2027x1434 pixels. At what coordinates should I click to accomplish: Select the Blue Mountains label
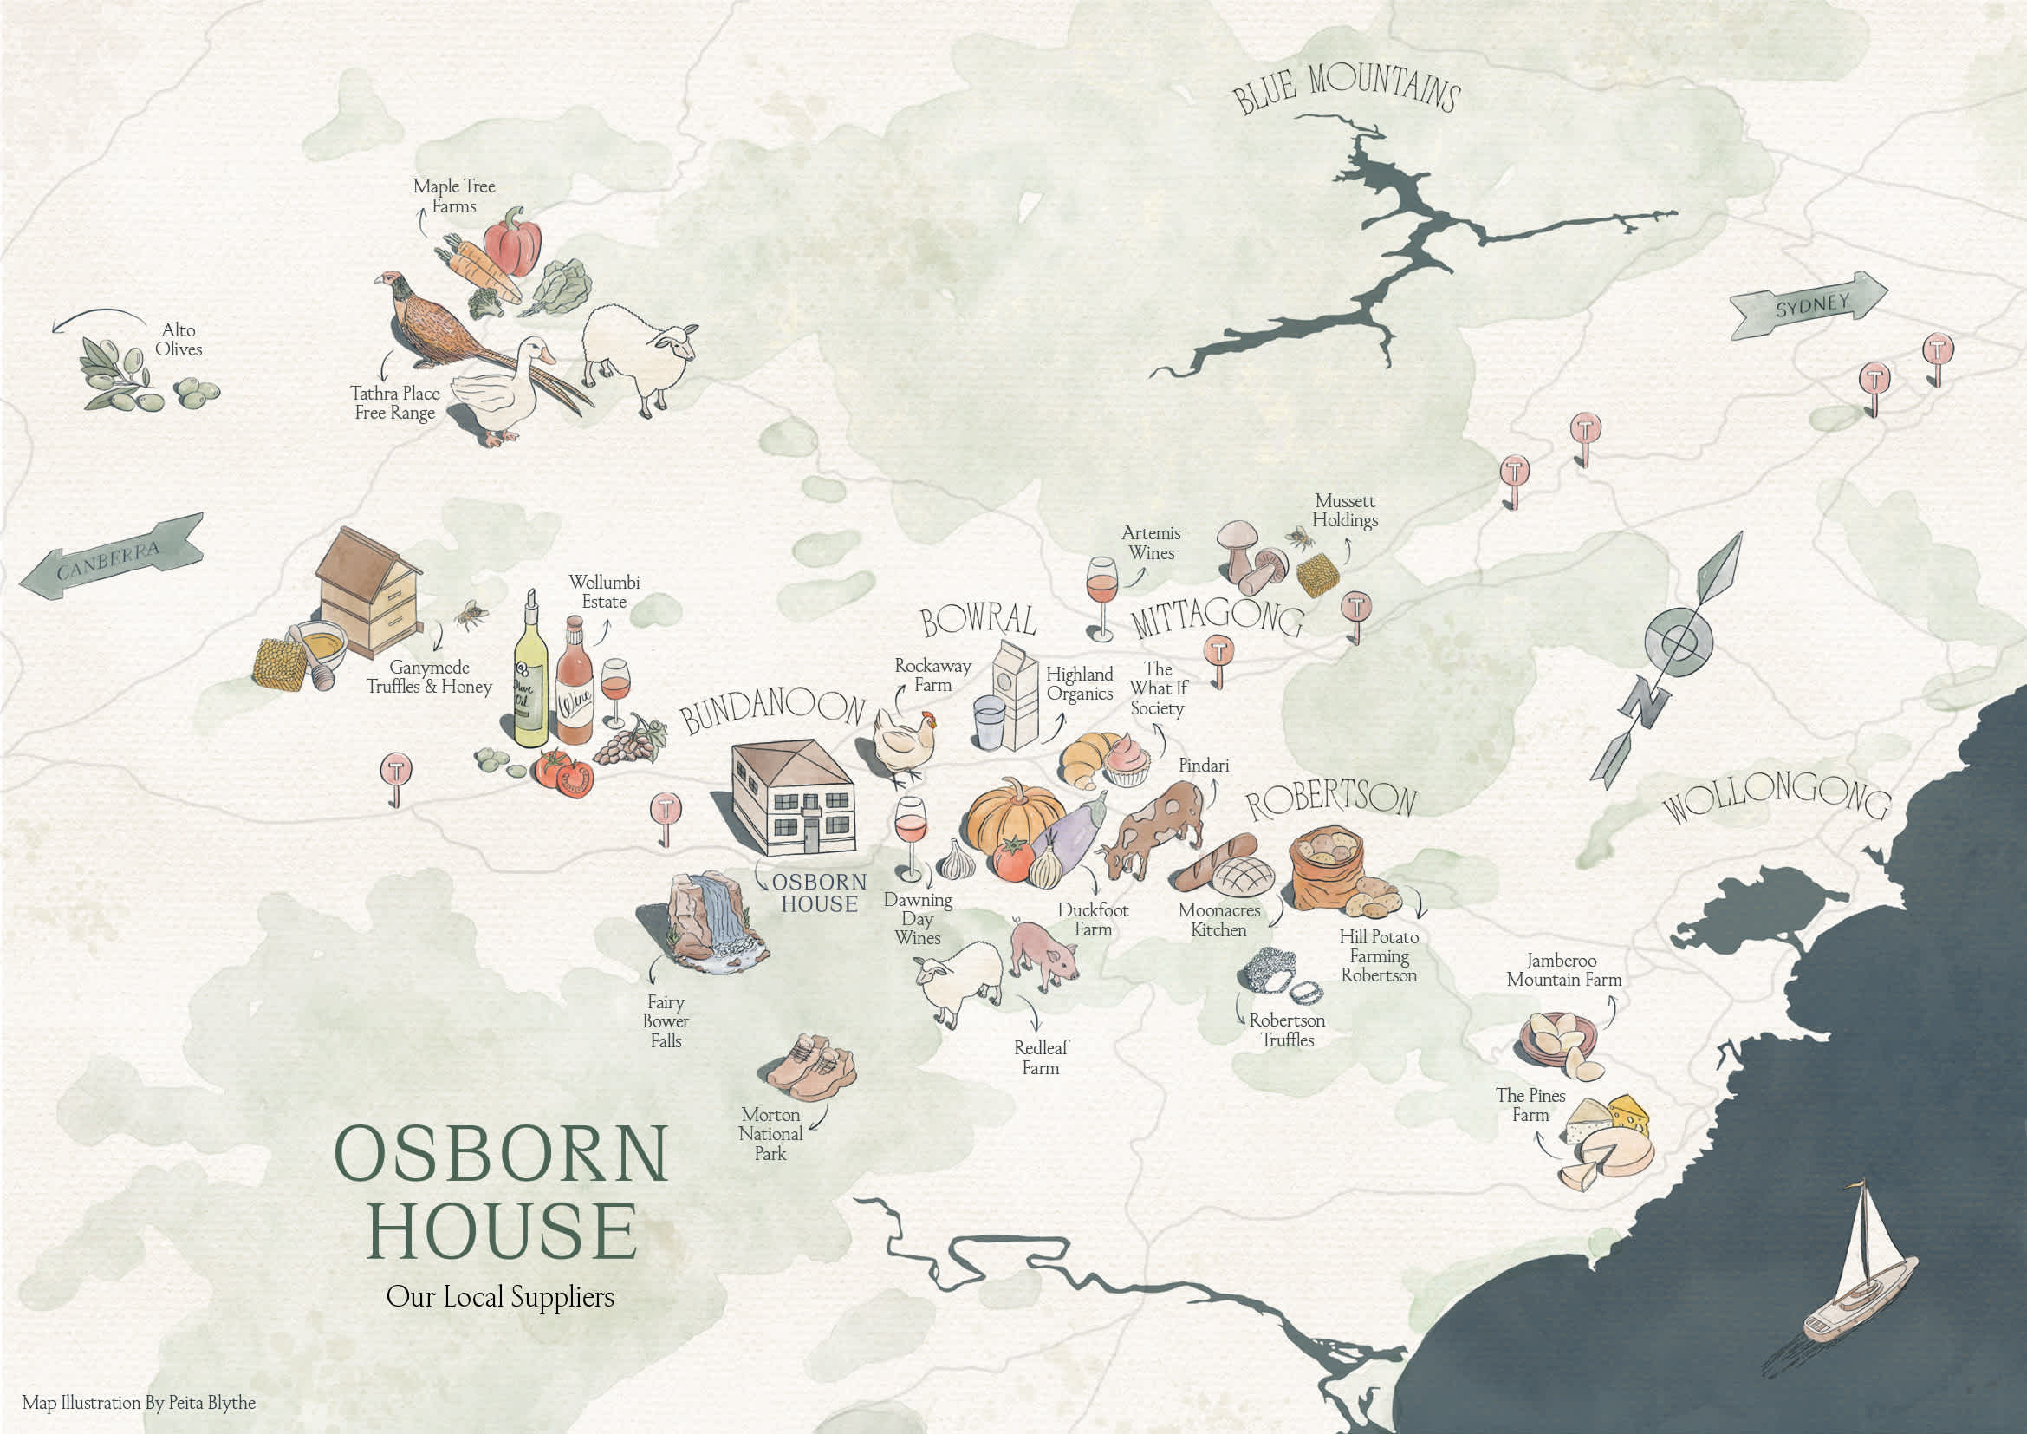[x=1346, y=88]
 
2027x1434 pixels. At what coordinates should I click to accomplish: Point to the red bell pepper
[x=511, y=242]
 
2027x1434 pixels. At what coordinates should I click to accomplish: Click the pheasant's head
[x=389, y=282]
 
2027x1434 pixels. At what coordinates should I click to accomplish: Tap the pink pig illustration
[x=1044, y=955]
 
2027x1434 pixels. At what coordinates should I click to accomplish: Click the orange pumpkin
[x=1014, y=817]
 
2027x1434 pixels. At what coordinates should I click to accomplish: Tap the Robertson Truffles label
[x=1286, y=1030]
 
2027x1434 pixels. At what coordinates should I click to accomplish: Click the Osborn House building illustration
[x=793, y=798]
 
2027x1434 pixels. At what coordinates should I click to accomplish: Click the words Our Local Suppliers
[x=500, y=1296]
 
